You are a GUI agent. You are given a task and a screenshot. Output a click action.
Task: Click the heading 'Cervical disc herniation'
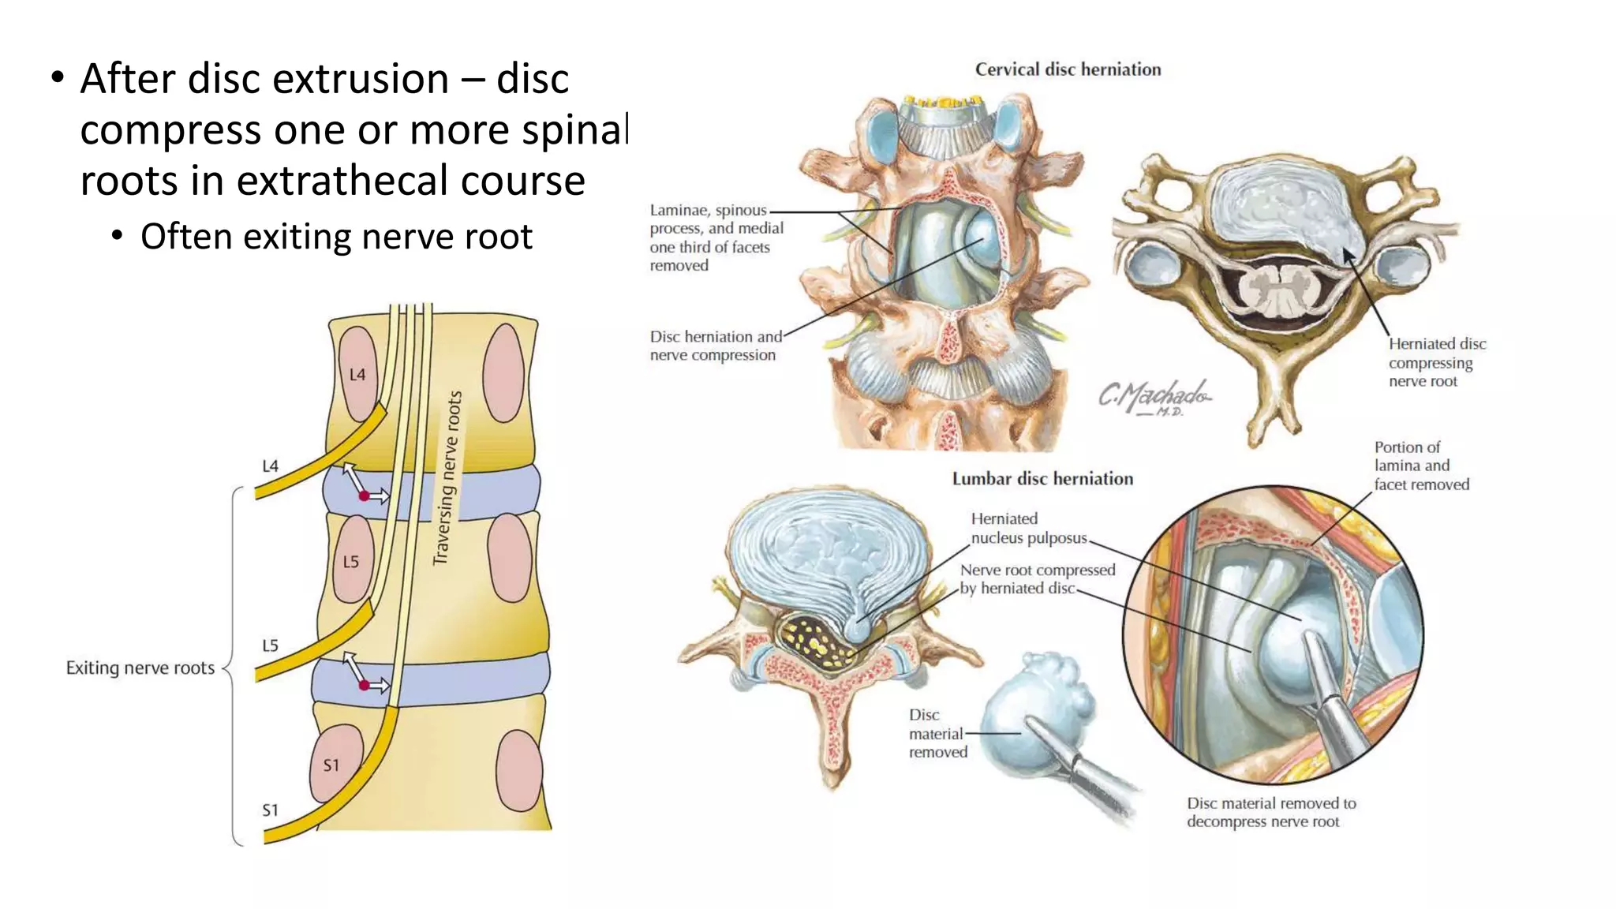click(x=1068, y=69)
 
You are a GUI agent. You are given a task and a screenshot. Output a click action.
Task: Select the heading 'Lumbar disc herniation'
click(x=1042, y=479)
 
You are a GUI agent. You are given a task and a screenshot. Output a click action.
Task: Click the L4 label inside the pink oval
click(x=357, y=374)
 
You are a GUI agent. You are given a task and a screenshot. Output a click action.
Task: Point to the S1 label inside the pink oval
click(x=331, y=765)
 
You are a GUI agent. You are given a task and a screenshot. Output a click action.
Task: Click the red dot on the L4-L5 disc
click(x=364, y=496)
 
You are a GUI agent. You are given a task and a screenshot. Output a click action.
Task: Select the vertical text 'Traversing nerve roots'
click(x=447, y=478)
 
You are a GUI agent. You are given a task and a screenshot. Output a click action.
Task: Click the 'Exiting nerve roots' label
click(x=140, y=668)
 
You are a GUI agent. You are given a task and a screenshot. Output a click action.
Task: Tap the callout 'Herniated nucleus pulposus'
click(x=1028, y=528)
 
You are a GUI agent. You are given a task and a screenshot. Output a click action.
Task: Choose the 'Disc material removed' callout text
click(x=937, y=733)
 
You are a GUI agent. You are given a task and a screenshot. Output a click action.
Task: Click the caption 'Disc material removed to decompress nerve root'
click(x=1270, y=812)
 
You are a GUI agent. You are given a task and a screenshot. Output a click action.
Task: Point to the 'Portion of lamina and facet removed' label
click(x=1421, y=466)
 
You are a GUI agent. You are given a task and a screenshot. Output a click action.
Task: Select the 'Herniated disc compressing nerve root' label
click(x=1436, y=362)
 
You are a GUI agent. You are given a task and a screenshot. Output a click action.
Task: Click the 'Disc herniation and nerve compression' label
click(x=715, y=346)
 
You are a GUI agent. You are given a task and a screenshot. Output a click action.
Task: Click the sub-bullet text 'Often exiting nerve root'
click(x=336, y=237)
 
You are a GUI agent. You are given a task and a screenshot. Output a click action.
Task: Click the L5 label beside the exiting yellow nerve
click(x=270, y=645)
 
